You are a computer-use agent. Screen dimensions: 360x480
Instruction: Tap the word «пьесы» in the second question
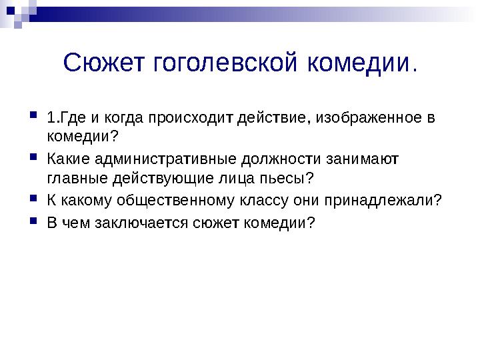[289, 179]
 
